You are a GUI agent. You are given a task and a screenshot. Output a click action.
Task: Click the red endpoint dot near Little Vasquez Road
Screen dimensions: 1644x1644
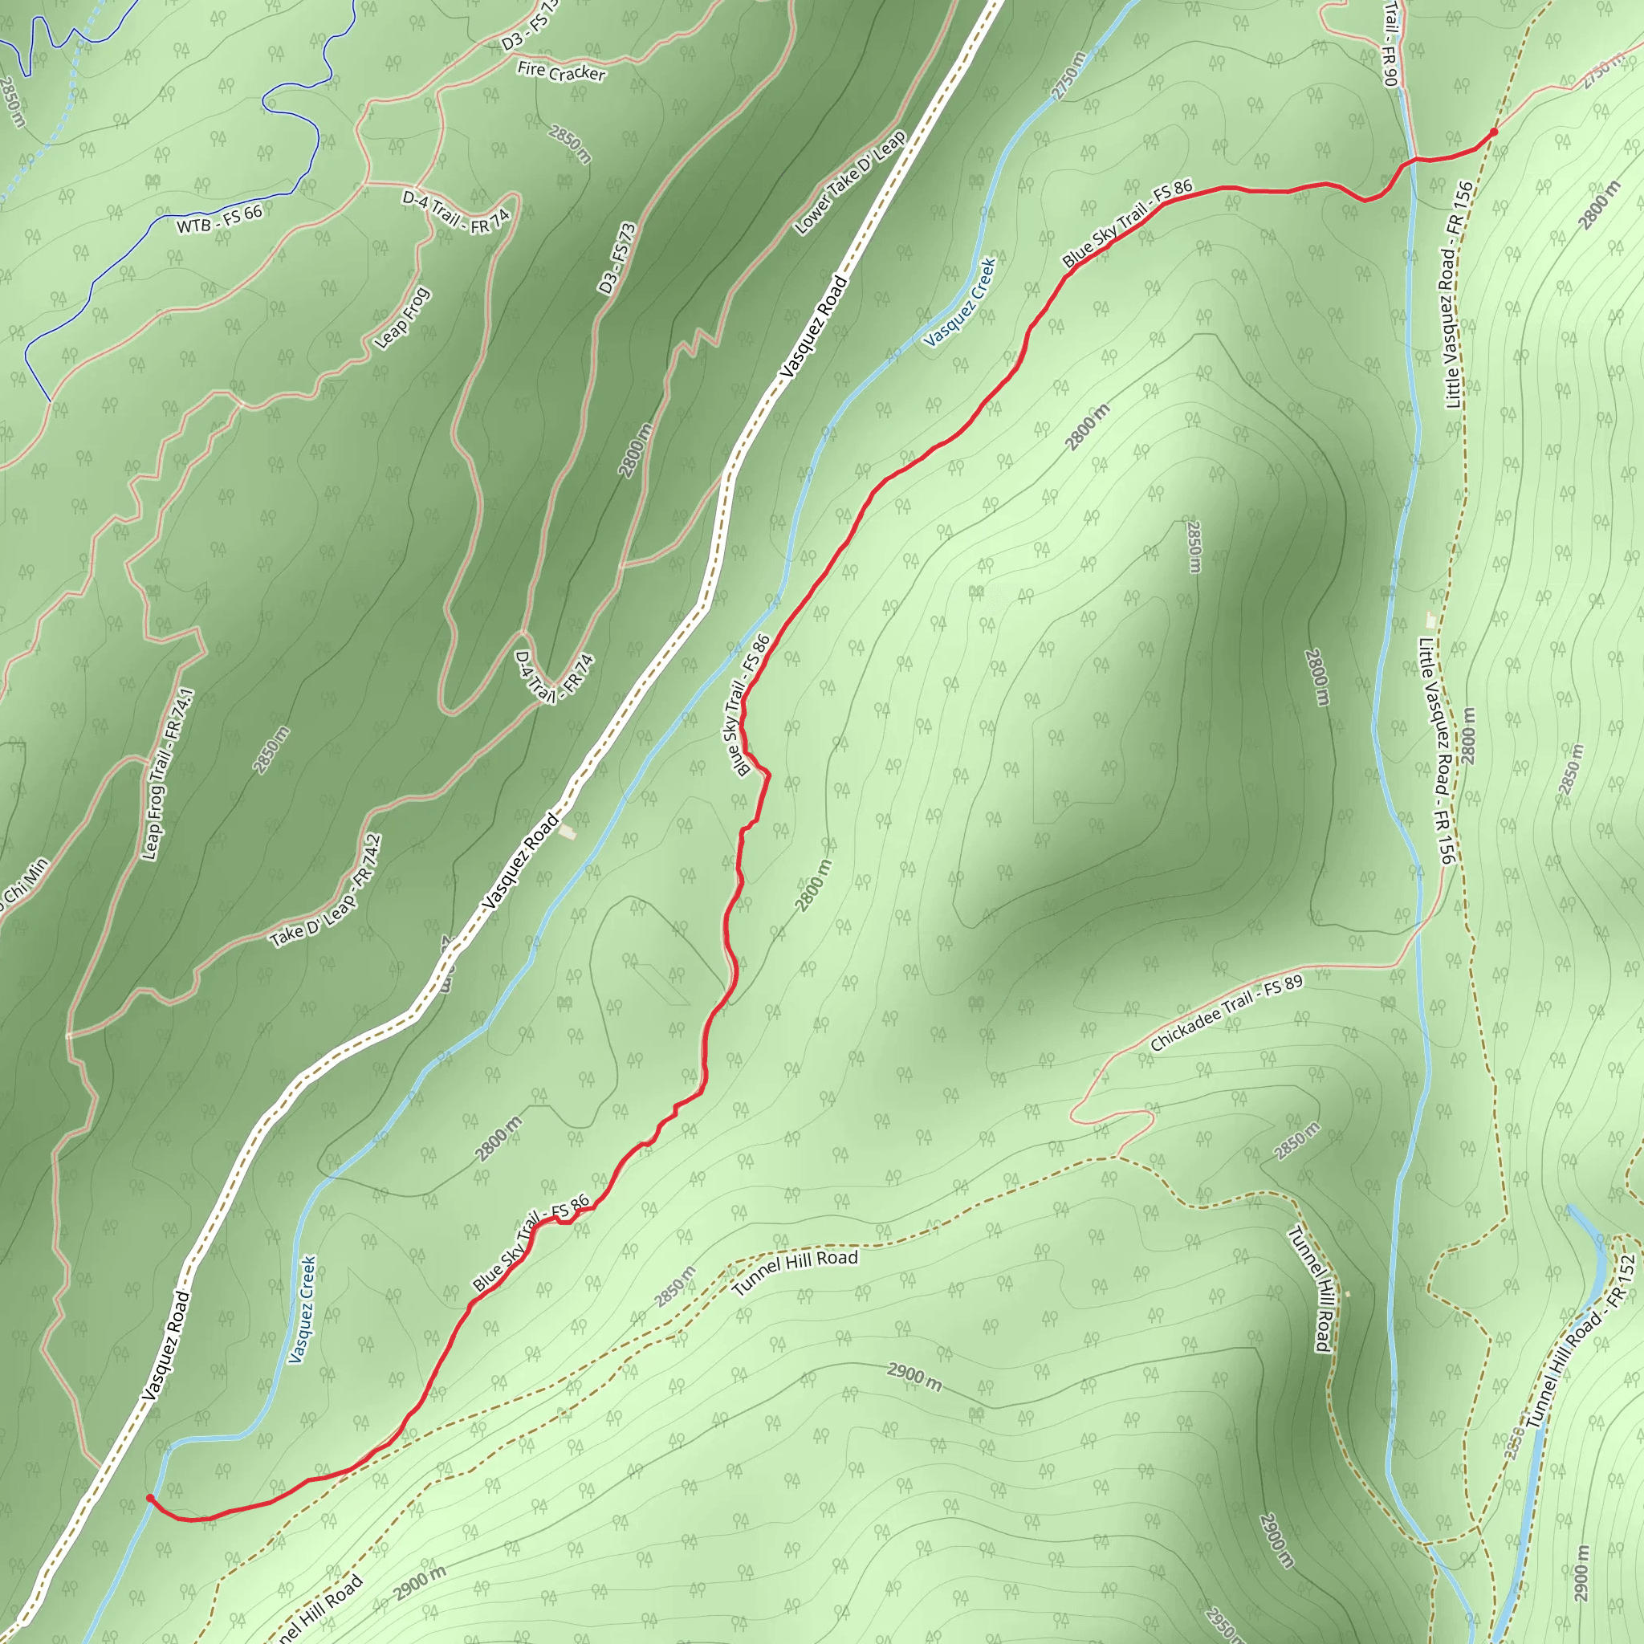(1493, 132)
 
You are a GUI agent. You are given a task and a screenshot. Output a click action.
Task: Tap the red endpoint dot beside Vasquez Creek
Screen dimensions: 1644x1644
(150, 1499)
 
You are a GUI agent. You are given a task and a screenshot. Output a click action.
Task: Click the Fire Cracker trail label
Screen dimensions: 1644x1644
(561, 72)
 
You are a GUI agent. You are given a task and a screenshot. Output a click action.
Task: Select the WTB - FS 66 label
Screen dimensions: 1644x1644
(219, 219)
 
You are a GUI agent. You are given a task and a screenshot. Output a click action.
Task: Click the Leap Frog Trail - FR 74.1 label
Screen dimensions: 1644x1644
(168, 775)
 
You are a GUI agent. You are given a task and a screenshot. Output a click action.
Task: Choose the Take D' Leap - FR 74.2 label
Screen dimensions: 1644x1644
(326, 891)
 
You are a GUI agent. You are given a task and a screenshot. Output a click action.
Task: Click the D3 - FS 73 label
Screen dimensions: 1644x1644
(617, 258)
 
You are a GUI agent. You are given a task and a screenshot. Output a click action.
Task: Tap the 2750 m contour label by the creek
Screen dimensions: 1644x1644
(1068, 76)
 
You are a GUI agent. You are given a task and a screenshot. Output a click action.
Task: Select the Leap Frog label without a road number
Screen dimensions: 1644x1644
(402, 318)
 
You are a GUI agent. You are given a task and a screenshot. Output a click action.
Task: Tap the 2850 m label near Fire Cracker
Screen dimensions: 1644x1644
(569, 144)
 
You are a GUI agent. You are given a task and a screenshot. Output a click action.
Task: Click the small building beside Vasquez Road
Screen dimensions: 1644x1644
(568, 832)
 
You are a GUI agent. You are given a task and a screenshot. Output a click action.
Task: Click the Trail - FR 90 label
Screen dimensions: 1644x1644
(1390, 43)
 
